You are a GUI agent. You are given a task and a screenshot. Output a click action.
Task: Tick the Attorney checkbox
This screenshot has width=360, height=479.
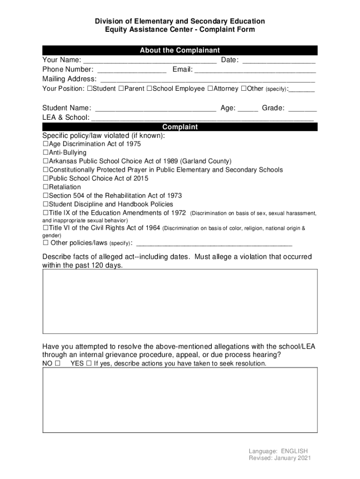(210, 89)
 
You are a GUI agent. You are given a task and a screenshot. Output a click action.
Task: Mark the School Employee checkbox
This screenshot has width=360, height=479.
(149, 89)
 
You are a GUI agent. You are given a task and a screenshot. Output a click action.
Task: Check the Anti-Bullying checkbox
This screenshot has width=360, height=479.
(45, 153)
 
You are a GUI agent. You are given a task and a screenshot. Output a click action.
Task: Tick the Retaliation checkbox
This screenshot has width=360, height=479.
(45, 187)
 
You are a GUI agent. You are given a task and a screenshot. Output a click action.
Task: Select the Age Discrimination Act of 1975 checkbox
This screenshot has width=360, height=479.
(45, 144)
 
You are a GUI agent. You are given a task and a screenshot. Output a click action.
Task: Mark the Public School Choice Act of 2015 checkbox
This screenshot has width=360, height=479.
(45, 179)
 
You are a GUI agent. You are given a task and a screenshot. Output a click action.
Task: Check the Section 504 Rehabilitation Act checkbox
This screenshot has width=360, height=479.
(45, 196)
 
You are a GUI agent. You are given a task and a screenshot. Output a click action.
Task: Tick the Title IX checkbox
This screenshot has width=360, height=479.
(45, 213)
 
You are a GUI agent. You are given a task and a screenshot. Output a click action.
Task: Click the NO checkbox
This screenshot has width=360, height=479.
(57, 363)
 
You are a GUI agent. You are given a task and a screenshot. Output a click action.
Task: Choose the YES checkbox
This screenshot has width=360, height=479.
(89, 363)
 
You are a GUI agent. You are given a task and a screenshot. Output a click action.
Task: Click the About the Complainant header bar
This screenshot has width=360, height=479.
(180, 51)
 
